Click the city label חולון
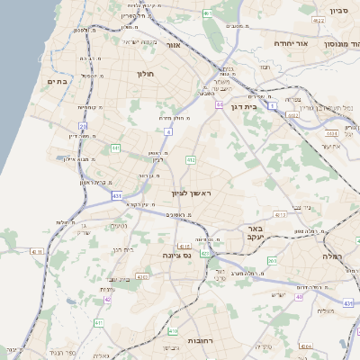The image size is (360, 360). pos(147,74)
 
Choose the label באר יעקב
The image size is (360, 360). pos(255,235)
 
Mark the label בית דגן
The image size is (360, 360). pos(243,106)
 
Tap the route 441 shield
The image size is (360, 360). pos(116,148)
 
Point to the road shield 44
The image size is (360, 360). pos(219,105)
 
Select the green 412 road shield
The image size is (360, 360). pos(191,159)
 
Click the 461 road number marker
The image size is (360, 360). pos(209,13)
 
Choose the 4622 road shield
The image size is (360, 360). pos(293,115)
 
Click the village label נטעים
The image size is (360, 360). pos(117,225)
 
